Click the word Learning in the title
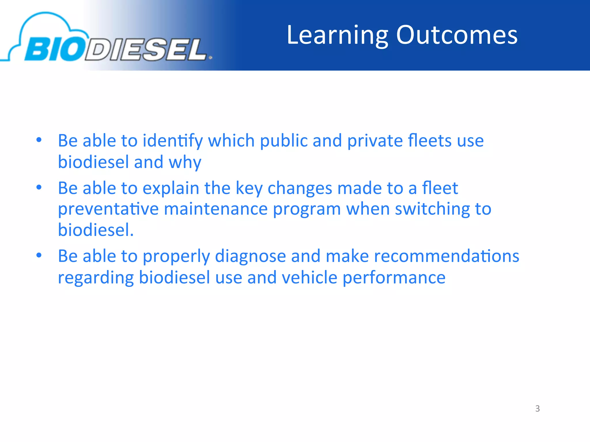pos(338,35)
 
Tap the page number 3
pos(537,408)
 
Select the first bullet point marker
pos(39,140)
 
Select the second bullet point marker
pos(39,188)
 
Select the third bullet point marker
pos(39,255)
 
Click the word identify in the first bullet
pos(173,141)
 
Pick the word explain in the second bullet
pos(171,188)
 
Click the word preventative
pos(108,209)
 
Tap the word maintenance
pos(216,209)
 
